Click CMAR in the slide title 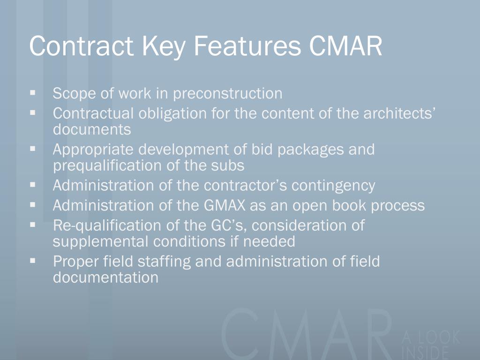345,46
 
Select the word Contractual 93,113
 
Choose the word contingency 333,186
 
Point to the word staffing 163,261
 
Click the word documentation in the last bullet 105,277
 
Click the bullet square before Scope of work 33,93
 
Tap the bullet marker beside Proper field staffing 33,260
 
